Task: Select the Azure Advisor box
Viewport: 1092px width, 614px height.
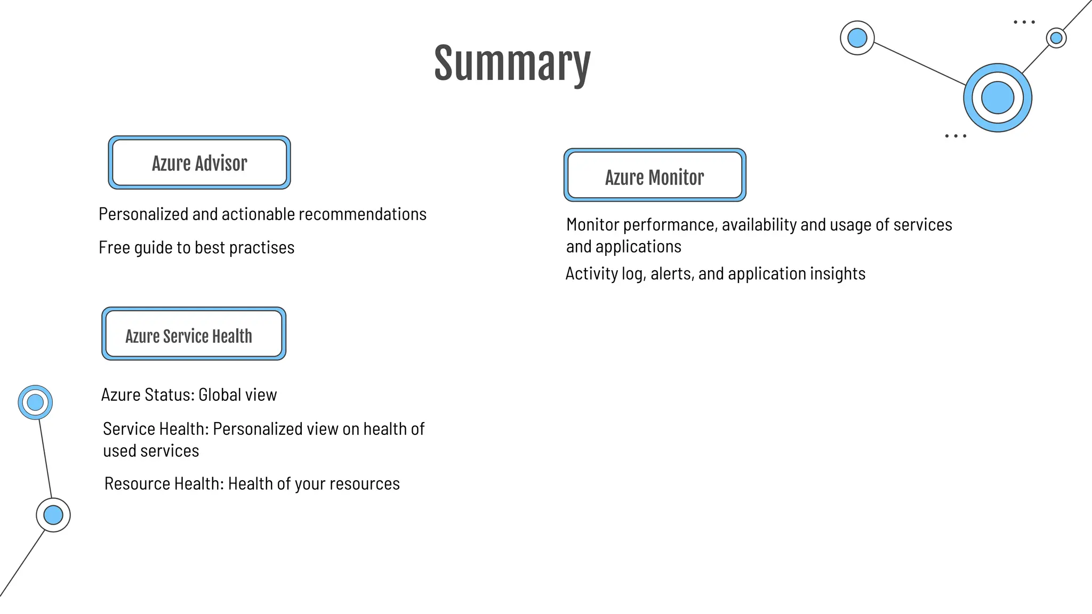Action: [x=199, y=163]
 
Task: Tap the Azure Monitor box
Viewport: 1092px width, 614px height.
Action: [x=655, y=176]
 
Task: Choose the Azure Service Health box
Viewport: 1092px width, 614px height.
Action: [x=194, y=334]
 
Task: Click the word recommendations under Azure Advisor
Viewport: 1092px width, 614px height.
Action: [x=363, y=214]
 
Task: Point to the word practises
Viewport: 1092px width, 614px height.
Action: [x=261, y=248]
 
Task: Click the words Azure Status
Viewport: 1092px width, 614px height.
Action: [x=147, y=395]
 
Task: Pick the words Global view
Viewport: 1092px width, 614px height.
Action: [x=238, y=395]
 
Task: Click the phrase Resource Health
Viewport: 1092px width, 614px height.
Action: [x=164, y=484]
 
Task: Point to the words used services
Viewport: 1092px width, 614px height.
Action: [x=151, y=451]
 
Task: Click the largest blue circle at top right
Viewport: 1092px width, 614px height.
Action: [x=997, y=98]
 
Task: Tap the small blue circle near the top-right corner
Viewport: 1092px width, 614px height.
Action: [x=1056, y=38]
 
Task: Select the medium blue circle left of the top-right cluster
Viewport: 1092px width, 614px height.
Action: [x=857, y=38]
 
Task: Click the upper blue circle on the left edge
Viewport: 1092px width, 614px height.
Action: [x=35, y=402]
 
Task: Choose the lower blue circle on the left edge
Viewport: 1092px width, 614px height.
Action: [x=53, y=515]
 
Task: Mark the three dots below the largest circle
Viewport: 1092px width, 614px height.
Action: [x=955, y=136]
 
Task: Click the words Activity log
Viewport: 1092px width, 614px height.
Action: [x=604, y=274]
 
